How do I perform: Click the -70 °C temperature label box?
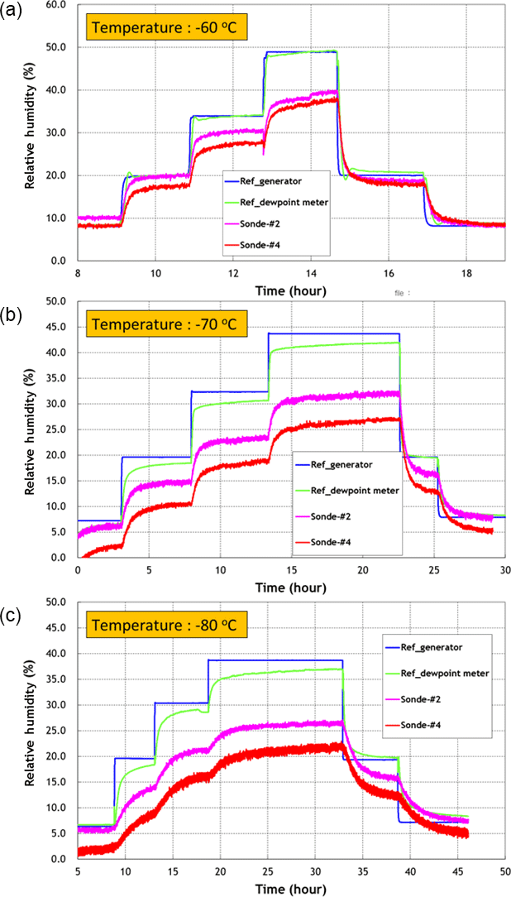tap(163, 324)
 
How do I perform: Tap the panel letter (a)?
tap(12, 11)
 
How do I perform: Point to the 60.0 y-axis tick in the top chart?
tap(55, 4)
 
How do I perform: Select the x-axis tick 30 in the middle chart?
tap(504, 571)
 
